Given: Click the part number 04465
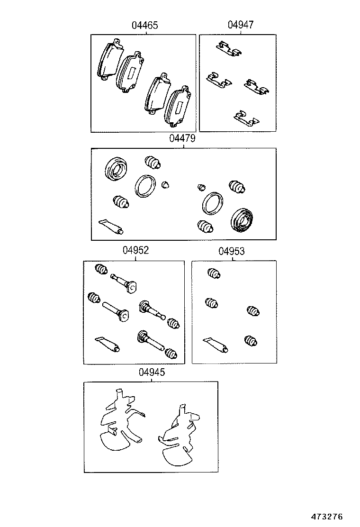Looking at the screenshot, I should pyautogui.click(x=145, y=26).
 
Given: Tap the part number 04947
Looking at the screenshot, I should pyautogui.click(x=240, y=26).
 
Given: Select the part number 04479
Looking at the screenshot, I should pyautogui.click(x=182, y=139).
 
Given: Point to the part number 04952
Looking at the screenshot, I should pyautogui.click(x=136, y=251).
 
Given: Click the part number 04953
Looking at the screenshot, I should pyautogui.click(x=232, y=251).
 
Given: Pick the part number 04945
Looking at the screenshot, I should pyautogui.click(x=152, y=373).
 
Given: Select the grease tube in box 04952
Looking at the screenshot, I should pyautogui.click(x=108, y=345).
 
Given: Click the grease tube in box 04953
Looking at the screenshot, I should pyautogui.click(x=216, y=345).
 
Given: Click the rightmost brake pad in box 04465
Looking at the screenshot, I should pyautogui.click(x=178, y=108).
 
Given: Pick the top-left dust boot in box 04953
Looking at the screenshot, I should pyautogui.click(x=214, y=273).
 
